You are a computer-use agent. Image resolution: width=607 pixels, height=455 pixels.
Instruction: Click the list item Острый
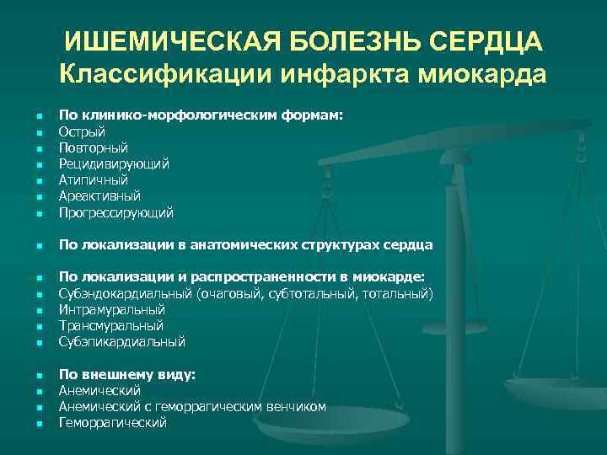82,131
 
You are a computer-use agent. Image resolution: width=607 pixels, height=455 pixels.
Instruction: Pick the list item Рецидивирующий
114,163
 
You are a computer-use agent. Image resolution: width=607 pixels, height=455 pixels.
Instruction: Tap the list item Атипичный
93,179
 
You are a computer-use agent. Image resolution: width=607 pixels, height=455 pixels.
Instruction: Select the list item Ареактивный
99,195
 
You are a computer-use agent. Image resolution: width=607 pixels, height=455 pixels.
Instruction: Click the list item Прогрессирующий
116,212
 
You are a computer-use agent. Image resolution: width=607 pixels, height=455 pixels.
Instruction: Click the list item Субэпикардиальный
121,341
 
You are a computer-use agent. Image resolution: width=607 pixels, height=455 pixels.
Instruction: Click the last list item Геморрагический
112,423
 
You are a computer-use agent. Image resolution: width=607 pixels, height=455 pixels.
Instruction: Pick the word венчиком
296,407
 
